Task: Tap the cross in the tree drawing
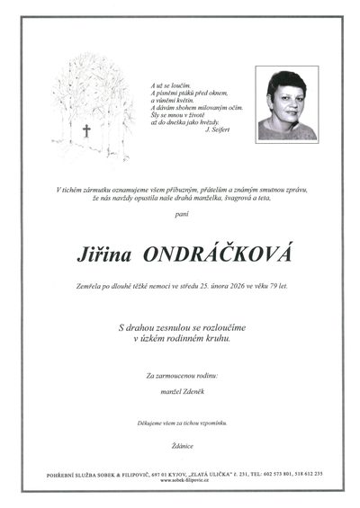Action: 86,130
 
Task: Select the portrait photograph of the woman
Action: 287,105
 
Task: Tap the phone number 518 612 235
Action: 311,474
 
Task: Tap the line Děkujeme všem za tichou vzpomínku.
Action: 180,422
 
